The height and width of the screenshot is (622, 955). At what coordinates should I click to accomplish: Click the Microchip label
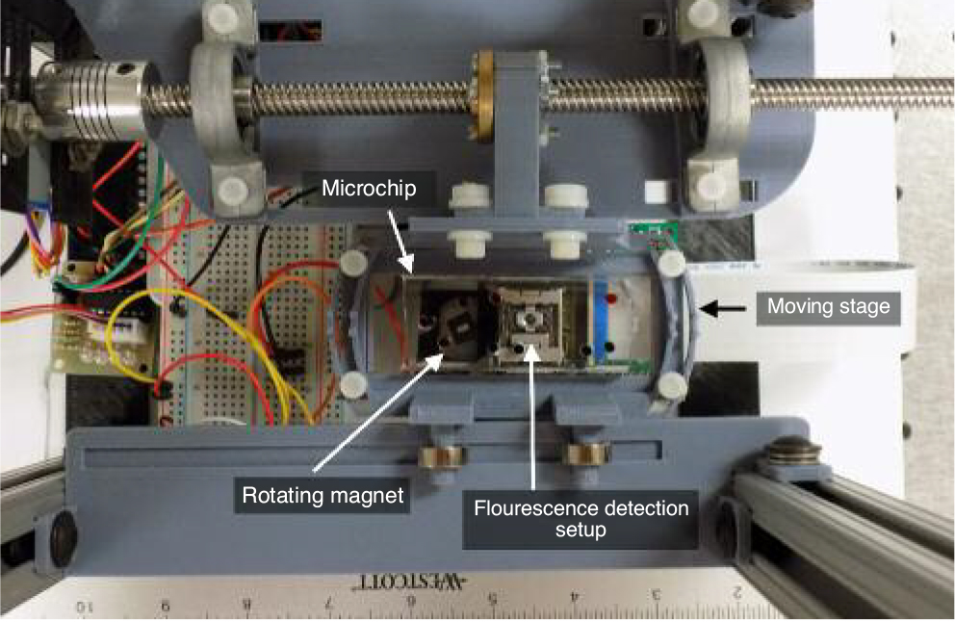click(x=369, y=189)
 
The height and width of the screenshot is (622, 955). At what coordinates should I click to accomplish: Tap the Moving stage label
click(x=828, y=306)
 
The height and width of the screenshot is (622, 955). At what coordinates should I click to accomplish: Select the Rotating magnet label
click(x=323, y=495)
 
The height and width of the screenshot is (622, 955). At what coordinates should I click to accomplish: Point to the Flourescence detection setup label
click(x=581, y=518)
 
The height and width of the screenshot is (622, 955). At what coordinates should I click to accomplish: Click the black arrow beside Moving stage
click(x=722, y=309)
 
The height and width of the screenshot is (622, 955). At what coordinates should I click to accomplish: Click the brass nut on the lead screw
click(x=485, y=96)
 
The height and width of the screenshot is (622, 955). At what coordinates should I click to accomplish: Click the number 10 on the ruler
click(x=85, y=607)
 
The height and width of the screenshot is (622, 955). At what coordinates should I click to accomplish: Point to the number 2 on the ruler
click(x=737, y=593)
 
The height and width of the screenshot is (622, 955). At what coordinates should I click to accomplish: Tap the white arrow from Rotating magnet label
click(x=378, y=414)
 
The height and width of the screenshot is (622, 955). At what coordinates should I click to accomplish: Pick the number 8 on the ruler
click(x=246, y=605)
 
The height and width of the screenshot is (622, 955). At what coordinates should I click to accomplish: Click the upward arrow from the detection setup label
click(x=533, y=417)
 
